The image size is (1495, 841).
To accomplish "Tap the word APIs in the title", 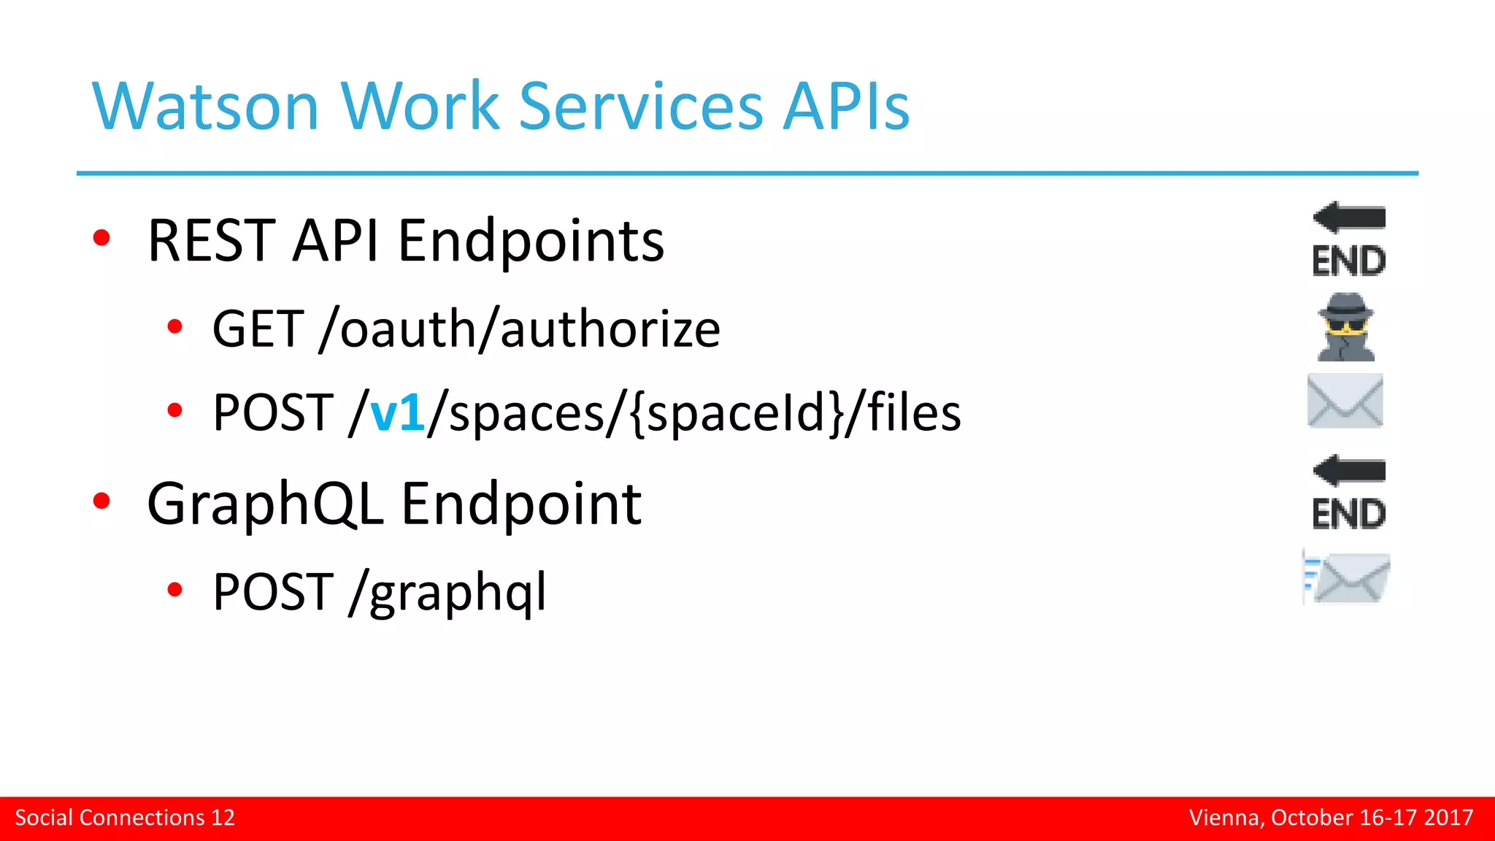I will tap(846, 107).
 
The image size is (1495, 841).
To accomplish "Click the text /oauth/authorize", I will tap(520, 329).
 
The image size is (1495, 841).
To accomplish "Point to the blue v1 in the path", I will tap(397, 413).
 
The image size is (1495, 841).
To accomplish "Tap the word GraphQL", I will tap(265, 504).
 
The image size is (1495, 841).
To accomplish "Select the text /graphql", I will tap(447, 592).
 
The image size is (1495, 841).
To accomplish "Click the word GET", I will tap(258, 329).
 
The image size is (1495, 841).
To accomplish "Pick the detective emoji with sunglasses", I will tap(1345, 327).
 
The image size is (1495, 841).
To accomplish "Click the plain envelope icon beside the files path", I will tap(1345, 401).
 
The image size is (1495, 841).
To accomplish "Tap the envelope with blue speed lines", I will tap(1347, 579).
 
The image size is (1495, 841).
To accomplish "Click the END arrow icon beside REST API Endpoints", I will tap(1349, 239).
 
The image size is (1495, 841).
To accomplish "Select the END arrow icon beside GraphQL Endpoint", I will tap(1349, 493).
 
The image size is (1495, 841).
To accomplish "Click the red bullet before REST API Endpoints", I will tap(101, 238).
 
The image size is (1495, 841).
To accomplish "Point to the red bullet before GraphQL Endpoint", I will tap(101, 501).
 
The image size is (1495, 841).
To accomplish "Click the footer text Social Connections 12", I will tap(125, 818).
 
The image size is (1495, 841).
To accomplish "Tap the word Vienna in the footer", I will tap(1225, 818).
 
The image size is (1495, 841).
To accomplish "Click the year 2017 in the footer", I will tap(1448, 818).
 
